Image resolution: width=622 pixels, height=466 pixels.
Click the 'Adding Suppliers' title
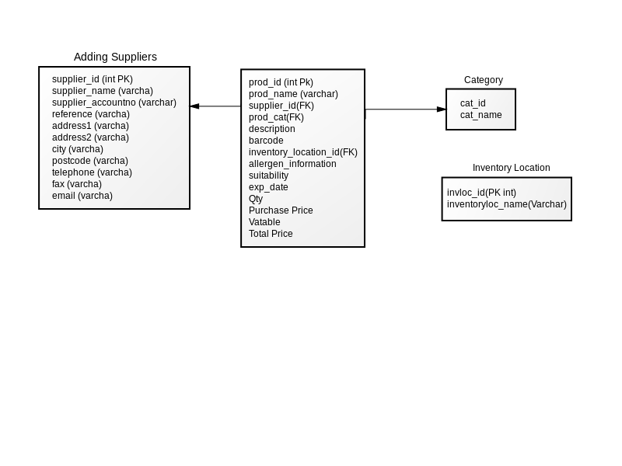[x=115, y=57]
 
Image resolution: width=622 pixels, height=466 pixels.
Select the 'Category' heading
[x=484, y=80]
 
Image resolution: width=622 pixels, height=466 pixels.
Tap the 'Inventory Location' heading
[x=512, y=168]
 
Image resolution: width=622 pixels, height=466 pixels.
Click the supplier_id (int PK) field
[x=93, y=79]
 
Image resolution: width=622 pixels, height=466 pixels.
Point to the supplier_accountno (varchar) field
[x=114, y=103]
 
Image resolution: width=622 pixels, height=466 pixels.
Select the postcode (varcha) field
[x=90, y=161]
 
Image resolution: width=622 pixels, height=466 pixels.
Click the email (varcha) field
[x=82, y=196]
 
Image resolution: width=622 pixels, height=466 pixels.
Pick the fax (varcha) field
[x=76, y=184]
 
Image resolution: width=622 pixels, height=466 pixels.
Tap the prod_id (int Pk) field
[x=281, y=82]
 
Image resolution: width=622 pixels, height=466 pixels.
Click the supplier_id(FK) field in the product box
[x=281, y=106]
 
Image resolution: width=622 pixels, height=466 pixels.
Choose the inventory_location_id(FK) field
[x=303, y=152]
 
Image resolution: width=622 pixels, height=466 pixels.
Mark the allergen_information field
[x=292, y=164]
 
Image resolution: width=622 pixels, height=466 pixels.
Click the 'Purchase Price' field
[x=281, y=210]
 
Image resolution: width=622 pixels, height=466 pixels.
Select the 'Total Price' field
[x=271, y=234]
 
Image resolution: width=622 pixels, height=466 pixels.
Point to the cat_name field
[x=480, y=115]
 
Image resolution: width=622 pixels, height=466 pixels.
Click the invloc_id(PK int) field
[x=481, y=193]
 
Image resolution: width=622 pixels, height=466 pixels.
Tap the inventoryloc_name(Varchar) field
[x=507, y=204]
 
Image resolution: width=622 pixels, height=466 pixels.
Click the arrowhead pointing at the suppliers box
[x=194, y=106]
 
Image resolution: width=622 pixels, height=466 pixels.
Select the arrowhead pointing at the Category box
[x=442, y=110]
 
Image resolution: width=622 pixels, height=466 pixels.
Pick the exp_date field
[x=268, y=187]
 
